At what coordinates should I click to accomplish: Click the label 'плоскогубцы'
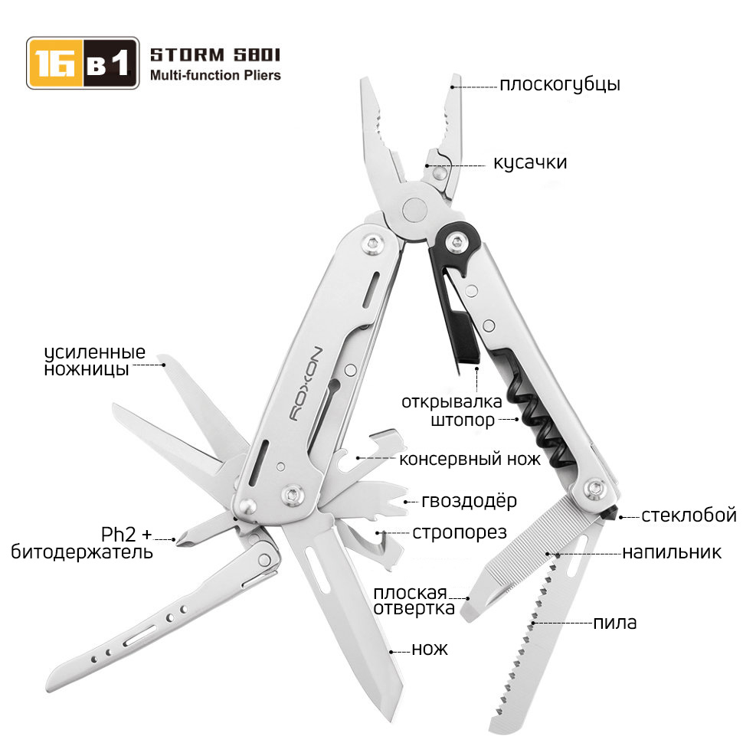pos(560,85)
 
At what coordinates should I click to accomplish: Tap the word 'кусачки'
pos(530,162)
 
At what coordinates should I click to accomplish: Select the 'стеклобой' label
pos(689,515)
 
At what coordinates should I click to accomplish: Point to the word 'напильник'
pos(672,552)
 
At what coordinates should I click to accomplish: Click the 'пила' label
pos(614,623)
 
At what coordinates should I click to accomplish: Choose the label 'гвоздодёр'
pos(469,502)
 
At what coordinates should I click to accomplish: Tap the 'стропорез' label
pos(459,532)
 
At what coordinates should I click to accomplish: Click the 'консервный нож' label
pos(470,459)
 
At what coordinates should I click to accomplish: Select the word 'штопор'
pos(463,421)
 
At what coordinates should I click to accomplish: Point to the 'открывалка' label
pos(452,402)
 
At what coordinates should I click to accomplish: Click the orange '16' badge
pos(55,63)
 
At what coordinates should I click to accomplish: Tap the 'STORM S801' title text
pos(215,55)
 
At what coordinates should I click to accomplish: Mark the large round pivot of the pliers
pos(414,209)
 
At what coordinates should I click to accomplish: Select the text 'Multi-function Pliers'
pos(215,75)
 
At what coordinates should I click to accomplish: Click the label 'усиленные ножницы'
pos(95,360)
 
